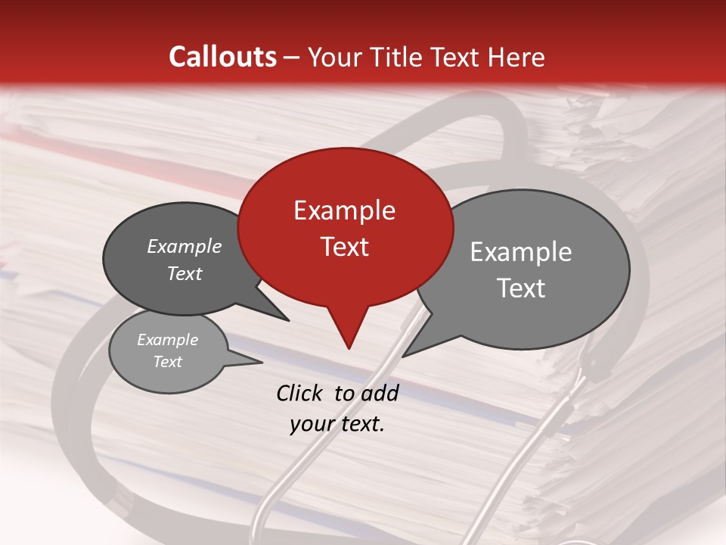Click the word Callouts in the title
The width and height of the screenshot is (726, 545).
[222, 57]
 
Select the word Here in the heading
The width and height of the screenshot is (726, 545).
[517, 57]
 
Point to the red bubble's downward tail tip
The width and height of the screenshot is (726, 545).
[349, 347]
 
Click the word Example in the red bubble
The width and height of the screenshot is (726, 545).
[344, 210]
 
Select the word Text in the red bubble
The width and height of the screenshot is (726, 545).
[344, 247]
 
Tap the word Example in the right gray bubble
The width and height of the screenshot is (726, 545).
[520, 252]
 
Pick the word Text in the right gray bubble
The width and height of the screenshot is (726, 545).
[520, 288]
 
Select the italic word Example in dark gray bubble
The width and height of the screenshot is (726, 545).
[184, 246]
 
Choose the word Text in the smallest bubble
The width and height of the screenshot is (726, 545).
[167, 362]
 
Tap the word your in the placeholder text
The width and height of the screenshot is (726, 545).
[311, 425]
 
